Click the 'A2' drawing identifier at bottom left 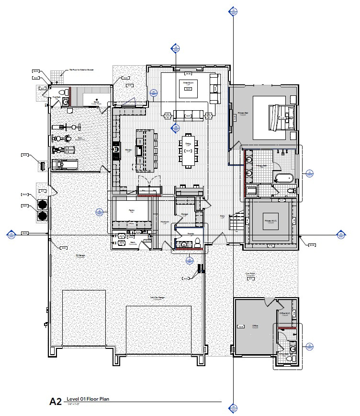56,402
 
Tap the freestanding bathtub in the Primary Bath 283,178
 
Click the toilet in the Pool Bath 61,92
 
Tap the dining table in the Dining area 188,150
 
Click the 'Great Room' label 188,83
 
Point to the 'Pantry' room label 131,210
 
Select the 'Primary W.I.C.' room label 271,221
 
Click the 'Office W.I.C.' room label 284,314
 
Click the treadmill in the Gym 64,164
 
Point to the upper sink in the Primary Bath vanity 249,159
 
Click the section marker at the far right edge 341,235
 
